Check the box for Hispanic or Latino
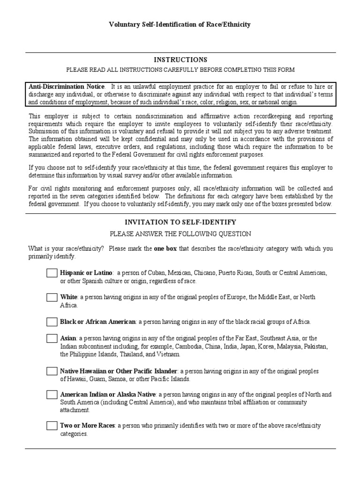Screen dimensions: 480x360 [x=52, y=273]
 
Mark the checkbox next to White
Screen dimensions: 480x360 [x=52, y=297]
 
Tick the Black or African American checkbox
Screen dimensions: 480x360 [x=52, y=322]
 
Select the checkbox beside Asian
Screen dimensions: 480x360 [x=52, y=338]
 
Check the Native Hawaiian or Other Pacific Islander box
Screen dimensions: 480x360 [x=52, y=371]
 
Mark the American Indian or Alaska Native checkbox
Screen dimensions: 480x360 [x=52, y=395]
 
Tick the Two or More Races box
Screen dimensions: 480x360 [x=52, y=426]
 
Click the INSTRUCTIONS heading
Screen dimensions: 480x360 [x=180, y=60]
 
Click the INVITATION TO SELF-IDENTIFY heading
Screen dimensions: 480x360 [x=180, y=222]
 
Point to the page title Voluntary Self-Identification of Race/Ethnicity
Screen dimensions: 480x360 [x=180, y=24]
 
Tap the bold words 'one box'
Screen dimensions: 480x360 [x=165, y=249]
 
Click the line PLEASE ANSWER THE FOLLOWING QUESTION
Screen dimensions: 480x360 [x=180, y=233]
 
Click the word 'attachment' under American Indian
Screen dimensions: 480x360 [x=75, y=410]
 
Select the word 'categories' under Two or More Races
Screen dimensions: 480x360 [x=74, y=434]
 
